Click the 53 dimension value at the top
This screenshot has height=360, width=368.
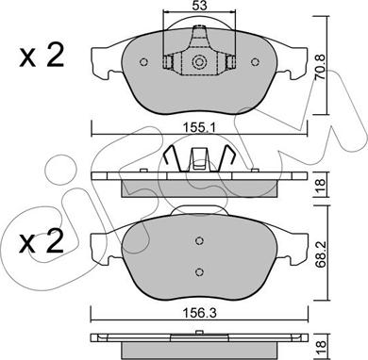click(x=199, y=6)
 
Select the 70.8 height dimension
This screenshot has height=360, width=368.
click(x=321, y=71)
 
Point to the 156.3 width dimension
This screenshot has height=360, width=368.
click(x=199, y=314)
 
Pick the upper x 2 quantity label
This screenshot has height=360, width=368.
click(x=42, y=56)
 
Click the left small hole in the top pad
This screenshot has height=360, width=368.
click(x=143, y=62)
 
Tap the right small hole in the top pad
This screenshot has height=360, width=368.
click(x=255, y=62)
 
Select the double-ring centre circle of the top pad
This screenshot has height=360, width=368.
click(x=199, y=62)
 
